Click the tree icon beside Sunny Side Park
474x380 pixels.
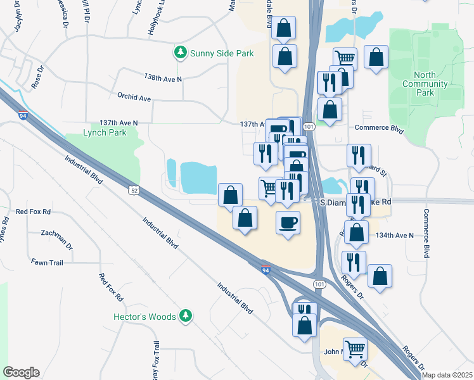[181, 53]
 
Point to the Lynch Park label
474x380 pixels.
[105, 132]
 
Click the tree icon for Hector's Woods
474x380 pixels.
[185, 315]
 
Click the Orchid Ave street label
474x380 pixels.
[134, 98]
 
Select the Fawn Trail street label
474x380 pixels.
[47, 262]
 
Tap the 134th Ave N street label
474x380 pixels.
[394, 235]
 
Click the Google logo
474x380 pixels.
[21, 372]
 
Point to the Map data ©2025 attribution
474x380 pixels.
[447, 375]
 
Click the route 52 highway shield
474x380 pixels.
[133, 189]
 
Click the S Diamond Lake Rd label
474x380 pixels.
[355, 202]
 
